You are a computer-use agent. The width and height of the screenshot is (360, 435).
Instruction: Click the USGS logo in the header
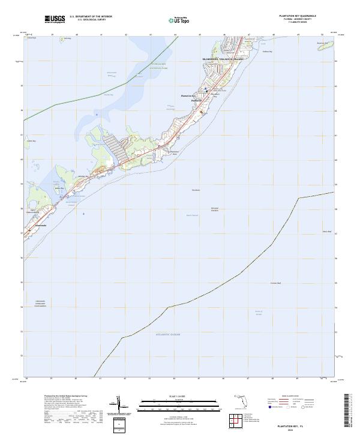[55, 19]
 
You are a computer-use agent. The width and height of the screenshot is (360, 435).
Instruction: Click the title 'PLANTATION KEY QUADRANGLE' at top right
[297, 16]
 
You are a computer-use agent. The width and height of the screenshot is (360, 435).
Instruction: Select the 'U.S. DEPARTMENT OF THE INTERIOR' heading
[91, 17]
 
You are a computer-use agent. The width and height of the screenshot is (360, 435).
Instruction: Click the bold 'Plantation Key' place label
[189, 95]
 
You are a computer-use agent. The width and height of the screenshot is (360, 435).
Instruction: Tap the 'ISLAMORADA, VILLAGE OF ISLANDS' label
[223, 59]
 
